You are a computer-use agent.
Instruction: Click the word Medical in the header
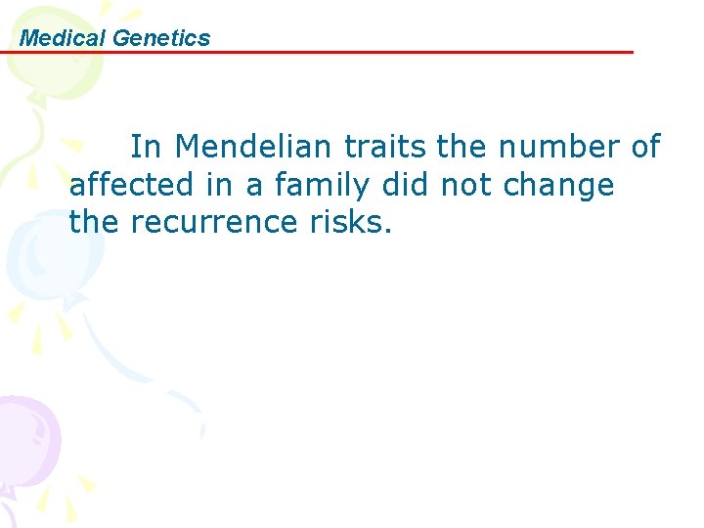click(63, 38)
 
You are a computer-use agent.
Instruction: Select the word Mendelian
click(255, 147)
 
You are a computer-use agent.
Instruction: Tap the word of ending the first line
click(645, 147)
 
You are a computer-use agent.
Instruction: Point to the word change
click(558, 186)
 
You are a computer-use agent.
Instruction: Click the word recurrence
click(211, 222)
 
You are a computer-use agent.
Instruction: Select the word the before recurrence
click(93, 222)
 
